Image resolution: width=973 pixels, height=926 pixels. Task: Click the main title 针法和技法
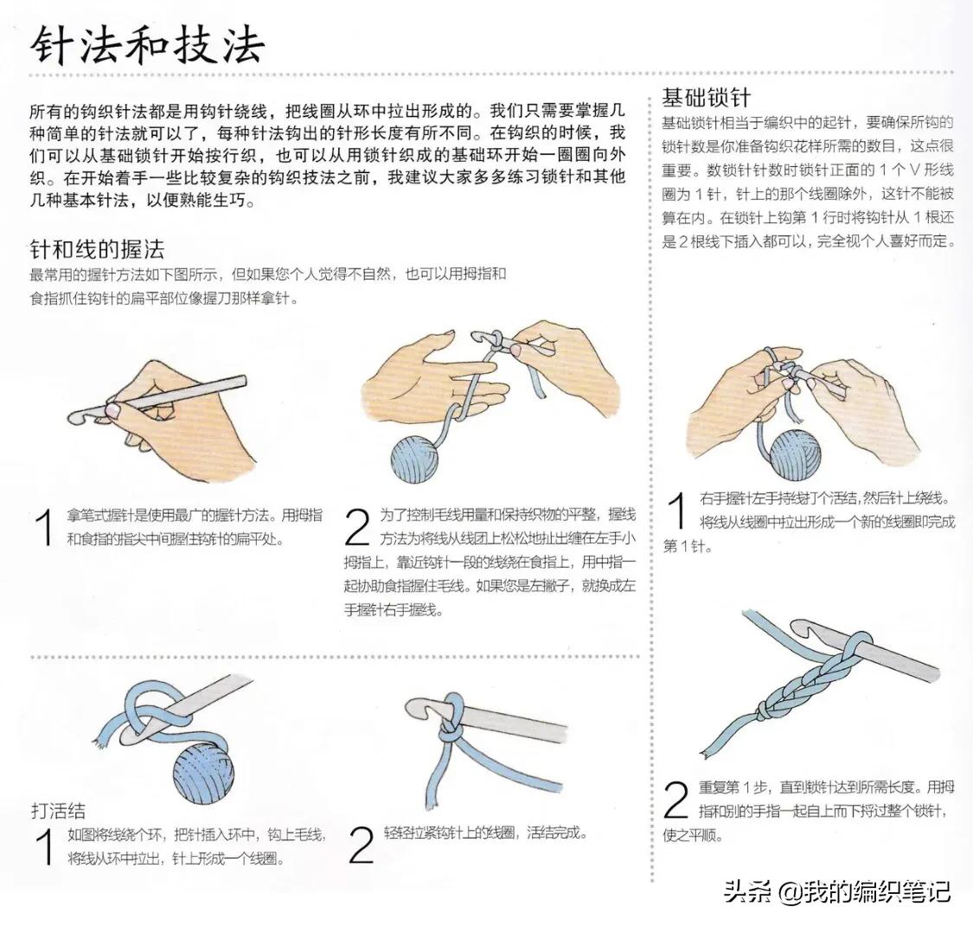coord(147,45)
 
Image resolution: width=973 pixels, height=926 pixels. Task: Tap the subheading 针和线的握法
coord(97,251)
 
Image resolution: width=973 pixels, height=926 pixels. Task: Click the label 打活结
coord(58,811)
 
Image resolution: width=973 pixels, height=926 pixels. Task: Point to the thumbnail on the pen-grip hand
coord(112,406)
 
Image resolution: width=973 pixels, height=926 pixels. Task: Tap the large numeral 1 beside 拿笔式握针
coord(44,528)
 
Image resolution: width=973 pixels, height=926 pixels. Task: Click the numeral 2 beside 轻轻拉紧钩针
coord(361,846)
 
